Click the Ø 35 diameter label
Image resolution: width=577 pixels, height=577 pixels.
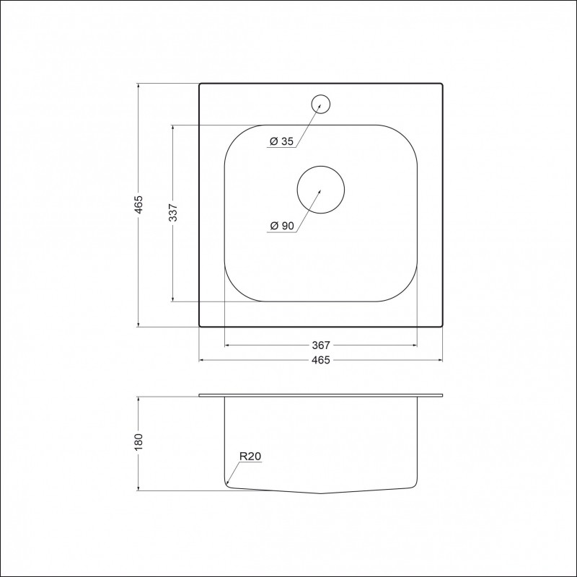[282, 141]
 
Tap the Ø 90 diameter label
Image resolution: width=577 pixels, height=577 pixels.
[282, 226]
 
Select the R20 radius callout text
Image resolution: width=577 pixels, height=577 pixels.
[250, 457]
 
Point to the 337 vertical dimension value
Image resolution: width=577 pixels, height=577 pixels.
[173, 212]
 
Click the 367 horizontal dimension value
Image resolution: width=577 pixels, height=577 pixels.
[321, 345]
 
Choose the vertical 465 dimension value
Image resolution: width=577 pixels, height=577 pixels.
[138, 205]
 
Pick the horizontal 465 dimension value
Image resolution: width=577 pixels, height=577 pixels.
[321, 360]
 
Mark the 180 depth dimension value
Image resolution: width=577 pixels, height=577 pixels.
[138, 442]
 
